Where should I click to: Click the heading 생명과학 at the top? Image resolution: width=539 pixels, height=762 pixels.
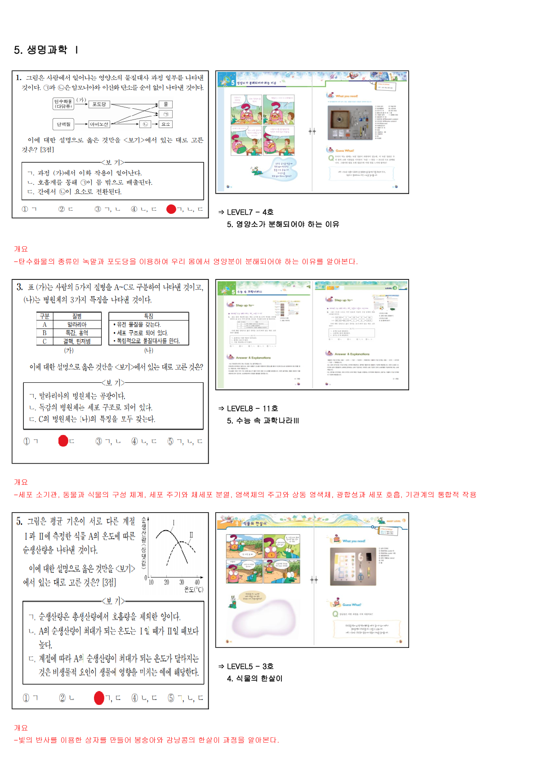point(47,50)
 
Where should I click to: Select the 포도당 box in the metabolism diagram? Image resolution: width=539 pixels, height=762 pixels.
point(99,104)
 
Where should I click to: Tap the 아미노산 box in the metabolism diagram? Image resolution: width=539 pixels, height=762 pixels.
point(99,124)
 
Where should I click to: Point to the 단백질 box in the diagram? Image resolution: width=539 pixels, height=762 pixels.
point(63,124)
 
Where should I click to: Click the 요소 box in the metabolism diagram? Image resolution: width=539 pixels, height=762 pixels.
point(166,124)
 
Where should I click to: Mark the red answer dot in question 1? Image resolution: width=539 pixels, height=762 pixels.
point(171,209)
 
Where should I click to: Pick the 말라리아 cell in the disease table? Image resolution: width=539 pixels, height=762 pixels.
point(77,324)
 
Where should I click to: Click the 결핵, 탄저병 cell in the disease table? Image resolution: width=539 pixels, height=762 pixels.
point(77,341)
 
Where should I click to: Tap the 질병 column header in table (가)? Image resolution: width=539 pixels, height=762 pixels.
point(77,316)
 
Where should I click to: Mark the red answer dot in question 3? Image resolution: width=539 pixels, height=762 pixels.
point(63,441)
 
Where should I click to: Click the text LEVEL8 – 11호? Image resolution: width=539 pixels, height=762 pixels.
point(252,408)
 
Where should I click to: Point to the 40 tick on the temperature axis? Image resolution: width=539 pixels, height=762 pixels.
point(197,582)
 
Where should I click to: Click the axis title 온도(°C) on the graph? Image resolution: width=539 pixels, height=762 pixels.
point(194,590)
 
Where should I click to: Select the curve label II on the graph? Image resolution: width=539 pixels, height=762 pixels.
point(191,535)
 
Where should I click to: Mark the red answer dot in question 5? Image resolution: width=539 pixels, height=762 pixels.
point(99,698)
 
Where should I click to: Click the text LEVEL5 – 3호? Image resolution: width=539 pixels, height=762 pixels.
point(250,666)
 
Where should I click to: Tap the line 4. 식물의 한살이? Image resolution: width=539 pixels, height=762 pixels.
point(254,678)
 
